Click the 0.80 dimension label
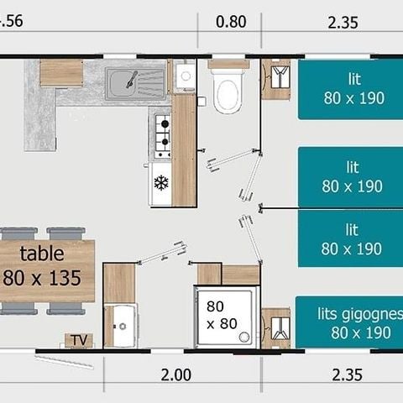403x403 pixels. (x=231, y=22)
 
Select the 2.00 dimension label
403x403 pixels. (x=175, y=374)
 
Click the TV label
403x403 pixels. (x=78, y=340)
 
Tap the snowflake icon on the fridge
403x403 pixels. (x=160, y=182)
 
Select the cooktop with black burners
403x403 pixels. (x=161, y=136)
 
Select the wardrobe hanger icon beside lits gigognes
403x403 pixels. (x=275, y=327)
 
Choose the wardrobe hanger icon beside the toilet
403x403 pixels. (x=275, y=78)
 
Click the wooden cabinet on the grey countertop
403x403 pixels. (x=60, y=73)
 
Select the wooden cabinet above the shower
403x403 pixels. (x=228, y=275)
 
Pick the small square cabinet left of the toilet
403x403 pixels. (x=184, y=76)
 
